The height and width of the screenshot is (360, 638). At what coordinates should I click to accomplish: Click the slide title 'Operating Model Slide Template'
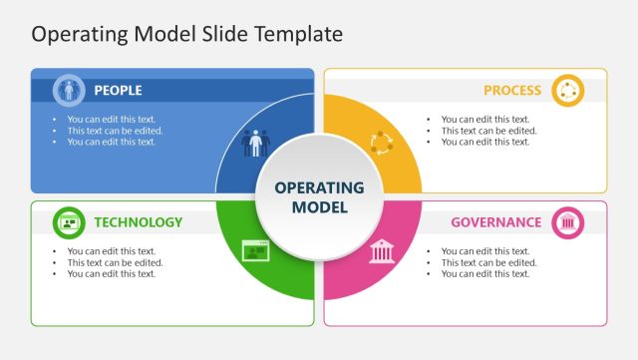coord(186,34)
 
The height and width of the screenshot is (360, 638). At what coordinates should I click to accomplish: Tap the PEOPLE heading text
coord(118,91)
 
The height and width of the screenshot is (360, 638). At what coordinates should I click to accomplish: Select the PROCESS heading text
coord(512,91)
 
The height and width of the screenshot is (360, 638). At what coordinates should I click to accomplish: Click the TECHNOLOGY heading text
coord(139,222)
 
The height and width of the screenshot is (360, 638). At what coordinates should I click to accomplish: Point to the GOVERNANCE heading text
coord(496,222)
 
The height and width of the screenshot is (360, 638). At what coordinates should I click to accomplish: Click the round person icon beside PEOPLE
coord(69,91)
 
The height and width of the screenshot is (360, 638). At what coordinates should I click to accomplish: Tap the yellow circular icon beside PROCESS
coord(568,91)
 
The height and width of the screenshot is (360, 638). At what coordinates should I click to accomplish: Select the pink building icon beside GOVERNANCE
coord(568,222)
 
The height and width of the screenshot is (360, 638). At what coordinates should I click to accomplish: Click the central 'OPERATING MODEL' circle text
coord(319,197)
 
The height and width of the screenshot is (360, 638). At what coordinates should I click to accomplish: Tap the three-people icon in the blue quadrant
coord(255,143)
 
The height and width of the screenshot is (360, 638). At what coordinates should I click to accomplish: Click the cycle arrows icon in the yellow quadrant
coord(382,143)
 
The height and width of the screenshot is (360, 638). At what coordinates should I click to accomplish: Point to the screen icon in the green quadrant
coord(256,250)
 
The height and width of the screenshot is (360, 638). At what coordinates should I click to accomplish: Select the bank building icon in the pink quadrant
coord(382,250)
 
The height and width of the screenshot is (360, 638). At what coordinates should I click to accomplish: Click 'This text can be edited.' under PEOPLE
coord(115,131)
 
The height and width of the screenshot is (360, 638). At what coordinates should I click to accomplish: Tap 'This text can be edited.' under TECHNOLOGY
coord(115,262)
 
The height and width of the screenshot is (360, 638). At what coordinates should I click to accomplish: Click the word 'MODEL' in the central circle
coord(319,207)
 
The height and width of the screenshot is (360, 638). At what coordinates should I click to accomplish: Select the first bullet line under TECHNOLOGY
coord(112,251)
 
